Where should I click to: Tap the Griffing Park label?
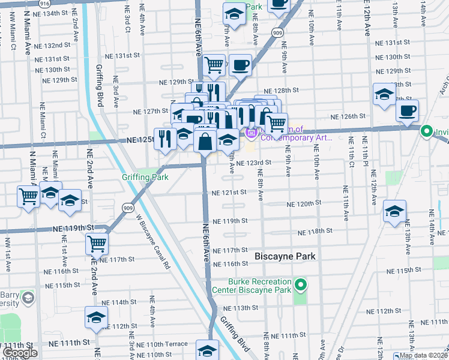[145, 178]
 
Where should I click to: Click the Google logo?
[20, 353]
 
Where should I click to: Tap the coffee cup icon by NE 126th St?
[407, 111]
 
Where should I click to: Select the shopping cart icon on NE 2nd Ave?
[97, 244]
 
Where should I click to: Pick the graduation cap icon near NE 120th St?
[394, 211]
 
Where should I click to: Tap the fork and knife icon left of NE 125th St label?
[164, 139]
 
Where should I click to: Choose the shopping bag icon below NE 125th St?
[205, 142]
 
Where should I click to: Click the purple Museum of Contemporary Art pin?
[250, 133]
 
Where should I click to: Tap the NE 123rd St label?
[253, 162]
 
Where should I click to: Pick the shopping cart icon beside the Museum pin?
[276, 124]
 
